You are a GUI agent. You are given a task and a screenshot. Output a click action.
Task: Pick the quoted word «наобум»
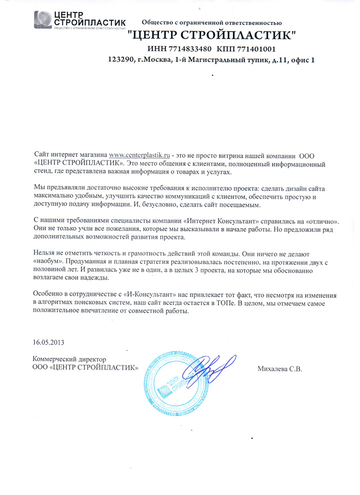[x=49, y=261]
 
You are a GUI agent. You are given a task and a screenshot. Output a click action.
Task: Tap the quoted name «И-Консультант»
[x=149, y=294]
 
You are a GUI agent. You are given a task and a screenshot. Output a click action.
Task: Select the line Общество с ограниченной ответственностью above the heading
[x=212, y=22]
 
